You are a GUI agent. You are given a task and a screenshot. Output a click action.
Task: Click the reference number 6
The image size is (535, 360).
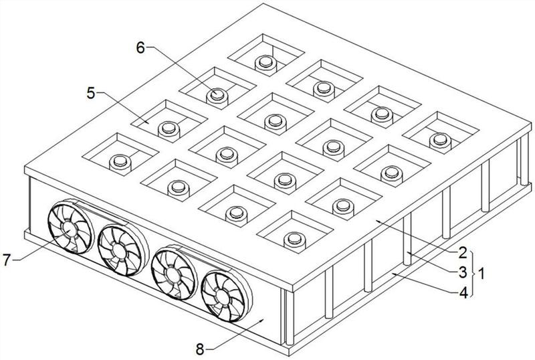[140, 48]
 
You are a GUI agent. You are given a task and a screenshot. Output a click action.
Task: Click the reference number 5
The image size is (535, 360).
[91, 93]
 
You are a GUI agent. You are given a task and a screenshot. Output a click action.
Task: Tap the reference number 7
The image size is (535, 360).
[7, 260]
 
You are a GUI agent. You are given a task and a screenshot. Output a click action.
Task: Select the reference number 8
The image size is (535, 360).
[200, 349]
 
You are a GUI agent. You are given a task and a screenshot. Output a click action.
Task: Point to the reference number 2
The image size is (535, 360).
[462, 253]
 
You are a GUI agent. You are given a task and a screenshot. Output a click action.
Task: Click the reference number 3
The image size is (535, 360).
[462, 272]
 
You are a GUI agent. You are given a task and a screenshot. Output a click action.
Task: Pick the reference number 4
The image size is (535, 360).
[463, 292]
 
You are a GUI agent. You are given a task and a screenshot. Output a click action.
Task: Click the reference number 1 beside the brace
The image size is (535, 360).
[481, 273]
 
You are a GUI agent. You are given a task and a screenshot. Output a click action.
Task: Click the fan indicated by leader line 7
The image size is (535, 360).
[70, 228]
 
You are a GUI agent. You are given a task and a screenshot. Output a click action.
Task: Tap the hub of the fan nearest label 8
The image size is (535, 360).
[223, 296]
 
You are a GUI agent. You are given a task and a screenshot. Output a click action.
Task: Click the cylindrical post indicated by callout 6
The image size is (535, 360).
[217, 97]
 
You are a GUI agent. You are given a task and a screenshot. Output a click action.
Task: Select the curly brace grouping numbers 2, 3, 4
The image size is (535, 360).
[473, 273]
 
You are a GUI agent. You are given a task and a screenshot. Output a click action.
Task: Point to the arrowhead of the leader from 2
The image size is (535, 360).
[377, 221]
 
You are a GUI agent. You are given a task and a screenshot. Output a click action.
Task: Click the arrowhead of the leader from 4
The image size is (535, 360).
[393, 273]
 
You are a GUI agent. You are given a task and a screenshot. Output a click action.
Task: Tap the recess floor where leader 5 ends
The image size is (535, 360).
[147, 122]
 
